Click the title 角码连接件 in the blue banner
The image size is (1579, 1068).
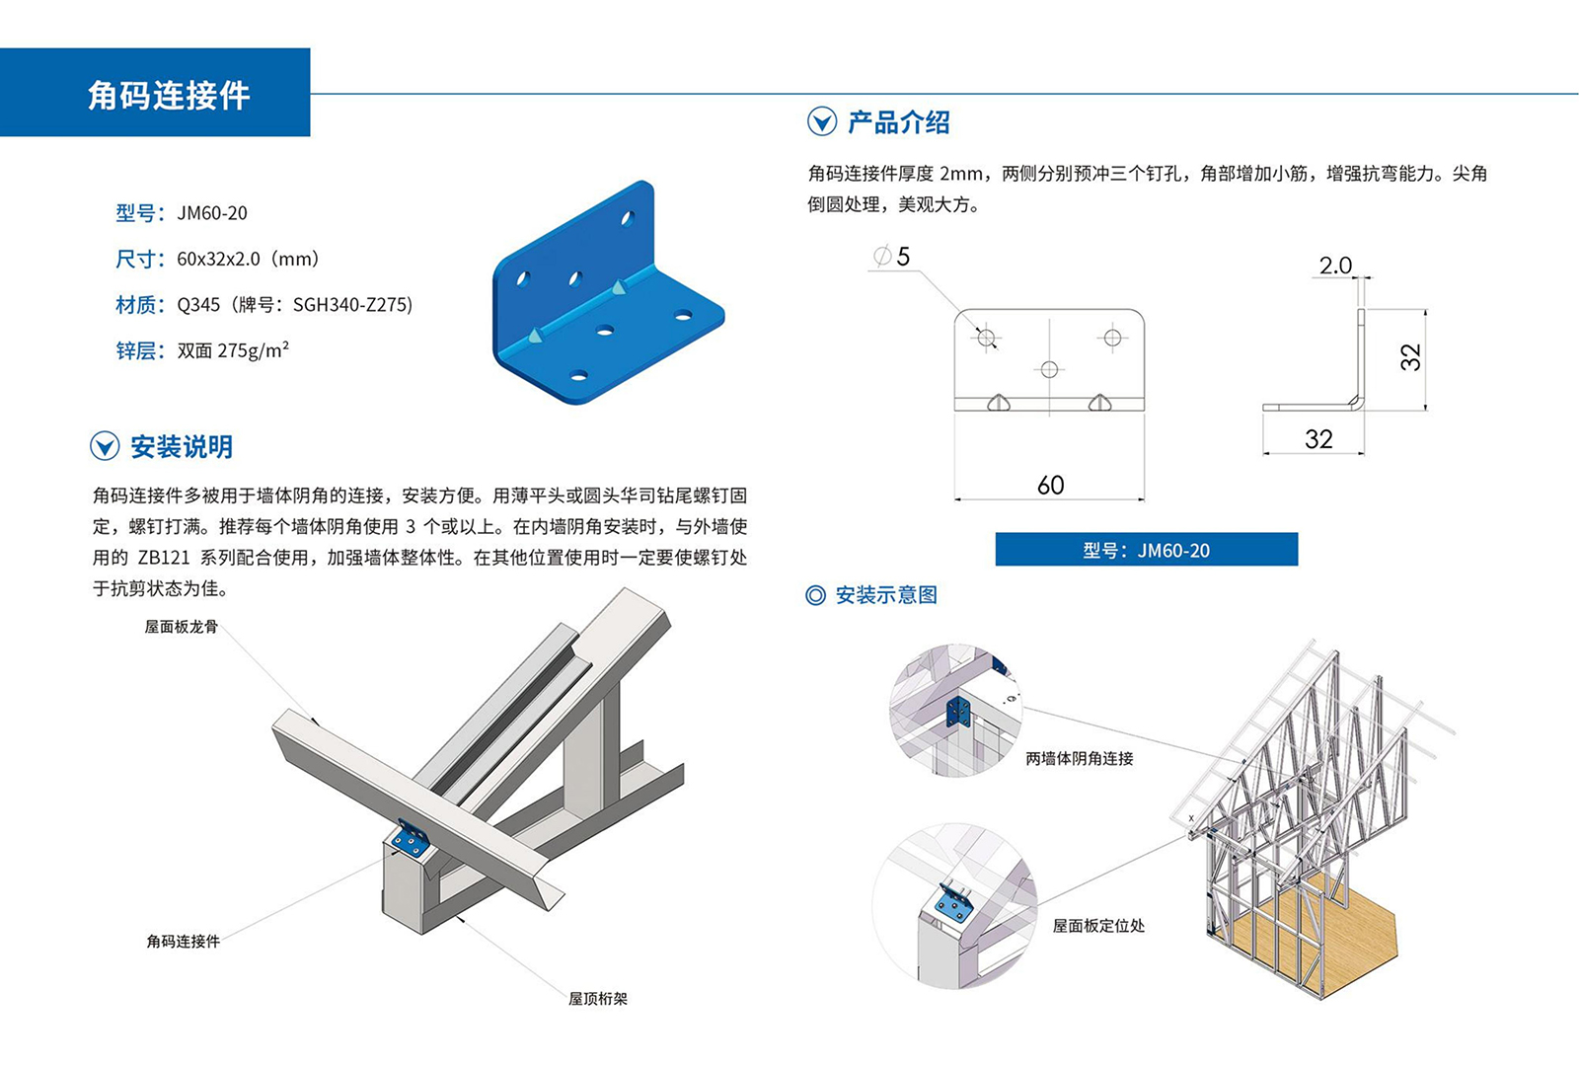tap(169, 95)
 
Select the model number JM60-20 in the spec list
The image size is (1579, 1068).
tap(212, 213)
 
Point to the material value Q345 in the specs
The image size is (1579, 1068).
tap(198, 305)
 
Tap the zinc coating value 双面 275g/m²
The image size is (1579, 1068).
tap(233, 350)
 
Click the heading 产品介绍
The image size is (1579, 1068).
tap(898, 122)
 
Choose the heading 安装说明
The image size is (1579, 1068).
tap(182, 447)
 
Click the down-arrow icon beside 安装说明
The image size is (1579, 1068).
tap(105, 447)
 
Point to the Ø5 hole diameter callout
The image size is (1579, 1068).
tap(892, 258)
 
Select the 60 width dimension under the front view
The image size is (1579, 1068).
tap(1050, 485)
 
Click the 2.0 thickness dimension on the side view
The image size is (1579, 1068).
tap(1335, 266)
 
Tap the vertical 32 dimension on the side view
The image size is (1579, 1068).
tap(1411, 356)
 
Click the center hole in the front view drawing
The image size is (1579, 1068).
tap(1049, 369)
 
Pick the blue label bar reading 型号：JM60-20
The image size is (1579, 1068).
tap(1146, 550)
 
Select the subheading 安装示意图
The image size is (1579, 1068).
tap(885, 595)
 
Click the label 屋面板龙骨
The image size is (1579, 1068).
tap(182, 627)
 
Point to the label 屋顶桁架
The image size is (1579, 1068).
tap(598, 999)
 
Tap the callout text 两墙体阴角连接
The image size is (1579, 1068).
tap(1080, 758)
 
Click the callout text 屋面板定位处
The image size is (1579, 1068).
tap(1098, 926)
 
